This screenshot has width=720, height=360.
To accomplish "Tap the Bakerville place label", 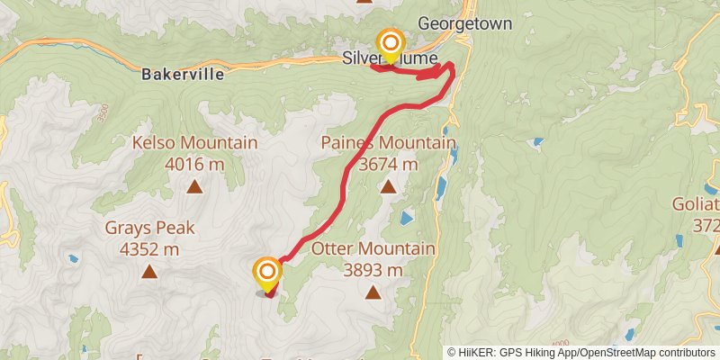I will click(183, 76).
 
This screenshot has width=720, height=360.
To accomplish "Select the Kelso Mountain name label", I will click(194, 143).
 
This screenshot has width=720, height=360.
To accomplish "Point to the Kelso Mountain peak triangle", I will click(194, 187).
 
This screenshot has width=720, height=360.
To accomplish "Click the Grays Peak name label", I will click(149, 228).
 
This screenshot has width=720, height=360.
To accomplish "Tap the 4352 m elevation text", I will click(149, 248).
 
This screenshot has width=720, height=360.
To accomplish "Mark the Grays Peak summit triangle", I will click(149, 271).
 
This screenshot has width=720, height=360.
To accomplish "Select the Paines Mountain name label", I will click(388, 143).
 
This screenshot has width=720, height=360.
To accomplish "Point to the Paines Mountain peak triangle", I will click(388, 186).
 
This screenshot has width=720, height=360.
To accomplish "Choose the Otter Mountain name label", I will click(373, 249).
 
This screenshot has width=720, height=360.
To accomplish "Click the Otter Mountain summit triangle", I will click(373, 292).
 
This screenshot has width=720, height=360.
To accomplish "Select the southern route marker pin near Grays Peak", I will click(267, 274).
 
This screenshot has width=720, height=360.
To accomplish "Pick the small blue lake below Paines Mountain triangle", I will click(406, 218).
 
